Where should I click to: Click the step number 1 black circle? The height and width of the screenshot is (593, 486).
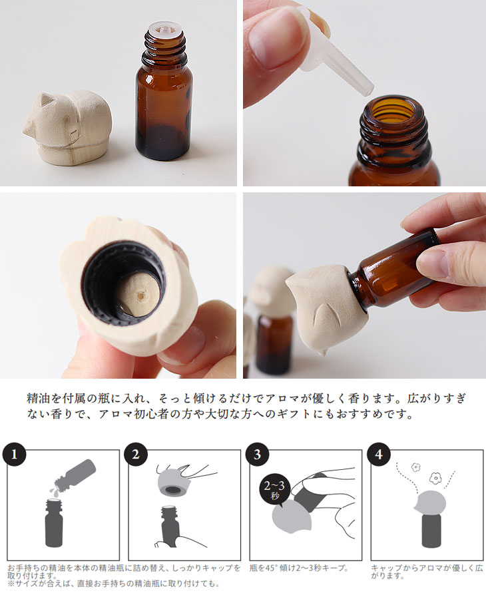click(x=15, y=454)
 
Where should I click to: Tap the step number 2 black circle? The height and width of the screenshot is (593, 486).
click(x=136, y=454)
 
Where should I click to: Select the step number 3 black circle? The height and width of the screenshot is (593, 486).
click(x=257, y=454)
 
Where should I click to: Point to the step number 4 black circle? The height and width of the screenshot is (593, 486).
click(x=379, y=454)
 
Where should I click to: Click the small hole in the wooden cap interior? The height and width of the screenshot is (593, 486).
click(x=141, y=296)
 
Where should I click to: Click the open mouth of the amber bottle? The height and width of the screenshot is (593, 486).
click(x=393, y=110)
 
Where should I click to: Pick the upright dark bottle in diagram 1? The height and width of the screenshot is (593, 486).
click(x=54, y=523)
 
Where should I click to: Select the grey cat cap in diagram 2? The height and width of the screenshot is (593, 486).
click(x=174, y=482)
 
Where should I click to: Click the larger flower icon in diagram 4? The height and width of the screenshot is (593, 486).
click(x=435, y=479)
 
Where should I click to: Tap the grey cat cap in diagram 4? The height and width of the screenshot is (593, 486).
click(x=430, y=502)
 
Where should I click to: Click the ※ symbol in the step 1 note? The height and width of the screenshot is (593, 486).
click(x=11, y=584)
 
